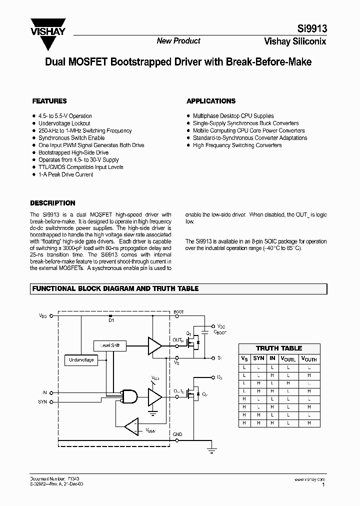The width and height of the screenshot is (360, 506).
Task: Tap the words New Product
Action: pos(178,41)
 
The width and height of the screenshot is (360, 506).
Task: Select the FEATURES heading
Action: pos(49,101)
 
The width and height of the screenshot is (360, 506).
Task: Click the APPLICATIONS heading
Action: pos(210,101)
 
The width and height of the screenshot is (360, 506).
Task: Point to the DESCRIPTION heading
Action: pos(53,203)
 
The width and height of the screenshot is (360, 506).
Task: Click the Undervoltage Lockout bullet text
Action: pos(64,123)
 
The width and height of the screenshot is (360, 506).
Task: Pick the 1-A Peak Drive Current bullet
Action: pos(65,174)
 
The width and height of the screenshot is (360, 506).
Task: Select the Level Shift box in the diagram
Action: pos(110,345)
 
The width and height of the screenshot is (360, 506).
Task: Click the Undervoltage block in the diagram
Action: pos(81,360)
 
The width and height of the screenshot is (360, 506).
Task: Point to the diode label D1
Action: pos(111,320)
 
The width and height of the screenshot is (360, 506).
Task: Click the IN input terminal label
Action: pos(44,393)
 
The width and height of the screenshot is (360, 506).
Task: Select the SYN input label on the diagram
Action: pos(42,401)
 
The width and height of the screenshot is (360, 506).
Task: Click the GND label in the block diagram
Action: pos(177,434)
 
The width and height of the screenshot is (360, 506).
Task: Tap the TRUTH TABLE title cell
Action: pos(279,348)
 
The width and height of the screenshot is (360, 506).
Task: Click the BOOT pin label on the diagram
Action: pos(179,312)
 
